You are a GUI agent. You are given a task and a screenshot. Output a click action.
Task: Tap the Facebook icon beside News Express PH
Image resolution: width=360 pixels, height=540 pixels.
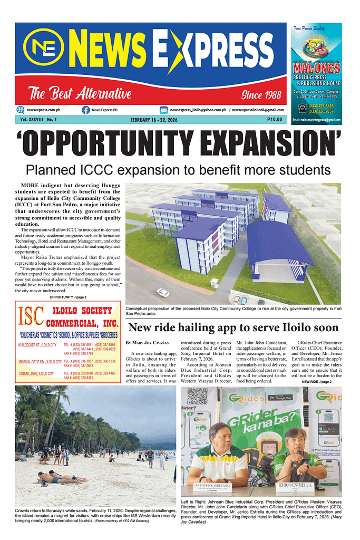(85, 110)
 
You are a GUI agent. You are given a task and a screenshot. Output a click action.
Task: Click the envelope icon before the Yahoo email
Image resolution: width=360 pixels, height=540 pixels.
(164, 110)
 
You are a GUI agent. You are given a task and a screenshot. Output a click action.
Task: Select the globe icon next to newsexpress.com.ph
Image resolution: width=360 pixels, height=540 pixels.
(21, 110)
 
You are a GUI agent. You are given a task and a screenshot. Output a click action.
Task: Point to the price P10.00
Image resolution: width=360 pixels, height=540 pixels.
(275, 120)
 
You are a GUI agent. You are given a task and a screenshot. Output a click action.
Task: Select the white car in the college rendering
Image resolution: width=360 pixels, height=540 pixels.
(163, 292)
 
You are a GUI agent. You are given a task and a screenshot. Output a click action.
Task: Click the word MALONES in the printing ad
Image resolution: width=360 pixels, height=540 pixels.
(316, 68)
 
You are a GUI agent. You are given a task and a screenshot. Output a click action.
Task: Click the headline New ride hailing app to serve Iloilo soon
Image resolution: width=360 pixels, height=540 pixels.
(233, 327)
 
